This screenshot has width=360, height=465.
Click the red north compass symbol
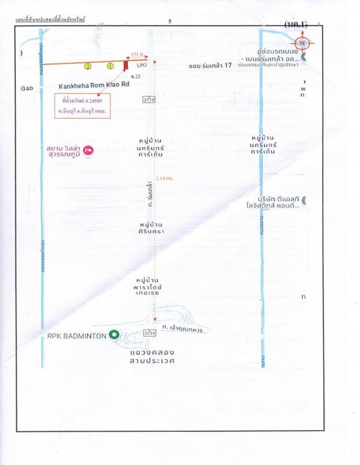(302, 42)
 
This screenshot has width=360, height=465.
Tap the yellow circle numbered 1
(109, 66)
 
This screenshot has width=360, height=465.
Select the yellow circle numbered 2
(88, 66)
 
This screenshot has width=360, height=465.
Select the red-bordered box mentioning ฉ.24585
(83, 105)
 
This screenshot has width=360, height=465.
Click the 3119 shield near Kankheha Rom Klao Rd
(149, 100)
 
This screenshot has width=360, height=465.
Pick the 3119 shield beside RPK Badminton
(149, 333)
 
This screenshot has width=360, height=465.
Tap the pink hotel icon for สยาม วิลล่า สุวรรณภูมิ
(88, 150)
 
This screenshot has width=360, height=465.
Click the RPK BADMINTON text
(77, 335)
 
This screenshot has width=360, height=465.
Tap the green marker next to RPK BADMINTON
(114, 335)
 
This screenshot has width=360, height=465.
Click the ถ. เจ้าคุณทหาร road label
(186, 330)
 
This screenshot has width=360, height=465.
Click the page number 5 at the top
(170, 21)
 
